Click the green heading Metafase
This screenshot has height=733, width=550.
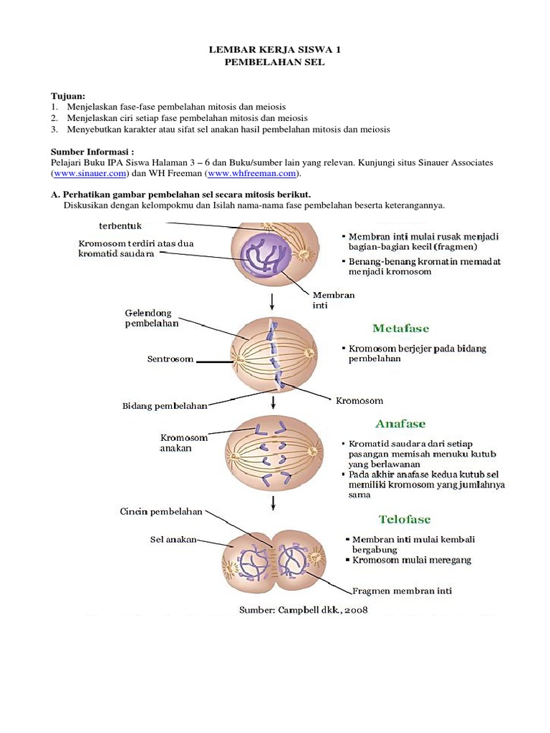(401, 329)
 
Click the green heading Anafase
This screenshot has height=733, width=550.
(401, 424)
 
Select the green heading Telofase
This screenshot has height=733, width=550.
(405, 519)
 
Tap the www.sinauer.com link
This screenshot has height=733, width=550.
(90, 173)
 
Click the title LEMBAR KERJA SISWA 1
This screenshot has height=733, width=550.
(275, 50)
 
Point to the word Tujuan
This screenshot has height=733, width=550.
(67, 96)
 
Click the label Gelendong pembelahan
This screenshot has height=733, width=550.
(152, 318)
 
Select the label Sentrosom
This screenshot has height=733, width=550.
(170, 359)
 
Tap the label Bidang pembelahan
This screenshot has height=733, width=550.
(165, 406)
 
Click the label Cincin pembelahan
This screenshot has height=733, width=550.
(160, 512)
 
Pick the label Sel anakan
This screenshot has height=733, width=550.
(173, 540)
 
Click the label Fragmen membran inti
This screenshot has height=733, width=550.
(402, 591)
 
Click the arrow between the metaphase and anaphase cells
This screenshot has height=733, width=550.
(273, 402)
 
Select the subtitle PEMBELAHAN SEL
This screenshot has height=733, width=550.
(275, 62)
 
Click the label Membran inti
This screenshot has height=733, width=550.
(334, 299)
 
